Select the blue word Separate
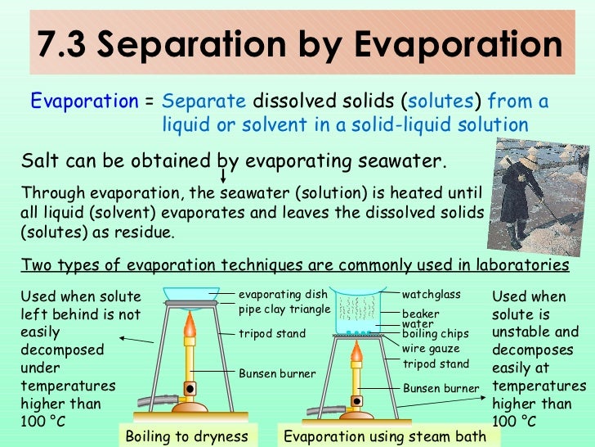(x=204, y=102)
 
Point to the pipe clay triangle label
(x=284, y=309)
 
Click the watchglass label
(x=432, y=295)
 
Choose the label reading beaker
(x=420, y=314)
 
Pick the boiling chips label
(x=435, y=334)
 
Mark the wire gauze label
(x=431, y=349)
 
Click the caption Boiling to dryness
(x=187, y=436)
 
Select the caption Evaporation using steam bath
(x=384, y=436)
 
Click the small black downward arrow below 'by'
(x=225, y=176)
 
